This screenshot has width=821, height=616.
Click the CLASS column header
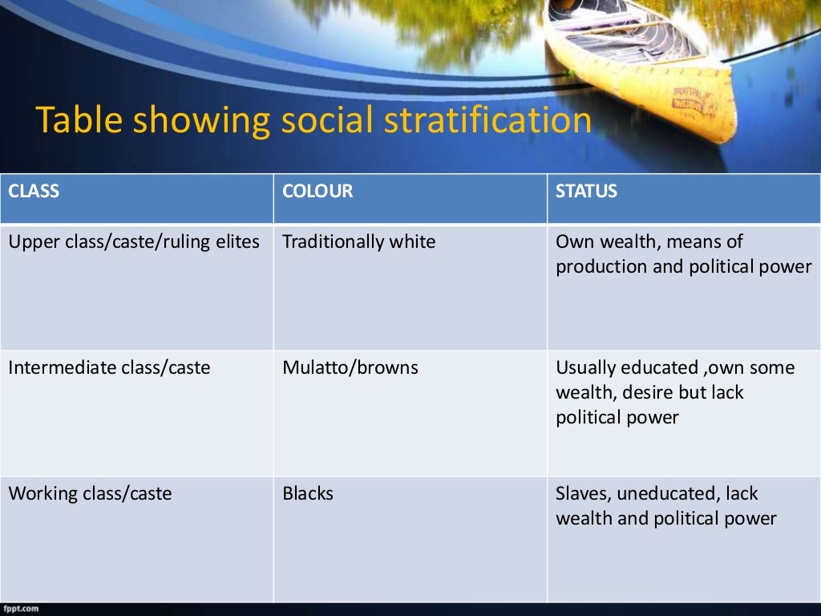[x=34, y=192]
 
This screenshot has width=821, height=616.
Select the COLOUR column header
[x=317, y=192]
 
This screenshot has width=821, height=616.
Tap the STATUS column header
[x=587, y=192]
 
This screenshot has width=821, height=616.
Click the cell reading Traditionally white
[x=359, y=242]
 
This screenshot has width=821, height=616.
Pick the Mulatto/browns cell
[x=350, y=368]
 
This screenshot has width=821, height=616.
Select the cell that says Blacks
[x=308, y=494]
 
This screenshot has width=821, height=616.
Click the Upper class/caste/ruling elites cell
[x=134, y=242]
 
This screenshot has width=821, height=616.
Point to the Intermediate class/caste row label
[x=109, y=368]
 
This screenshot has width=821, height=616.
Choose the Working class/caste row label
[x=90, y=494]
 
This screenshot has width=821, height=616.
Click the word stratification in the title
[x=488, y=121]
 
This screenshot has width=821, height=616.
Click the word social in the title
[x=329, y=121]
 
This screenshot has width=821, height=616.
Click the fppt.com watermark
[x=18, y=609]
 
